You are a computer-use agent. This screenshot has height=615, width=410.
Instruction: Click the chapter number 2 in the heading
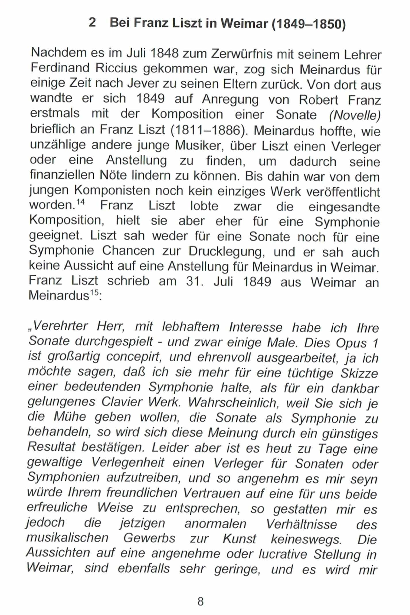click(92, 22)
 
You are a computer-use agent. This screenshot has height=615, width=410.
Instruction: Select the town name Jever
click(143, 84)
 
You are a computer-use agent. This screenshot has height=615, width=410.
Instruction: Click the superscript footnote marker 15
click(95, 293)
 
